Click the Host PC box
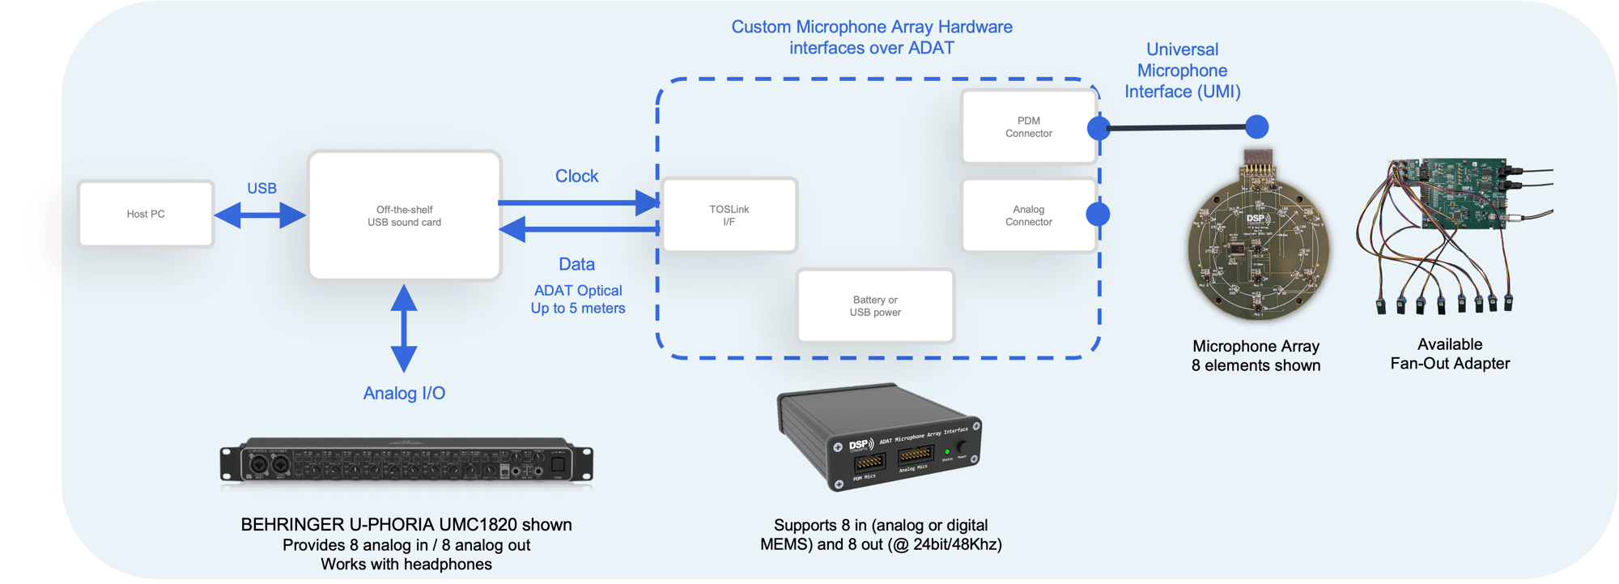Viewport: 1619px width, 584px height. [146, 214]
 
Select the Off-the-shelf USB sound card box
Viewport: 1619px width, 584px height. [405, 215]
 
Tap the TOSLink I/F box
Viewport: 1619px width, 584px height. [729, 215]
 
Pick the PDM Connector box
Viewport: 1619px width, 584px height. [1029, 127]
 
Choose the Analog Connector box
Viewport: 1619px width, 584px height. [1029, 215]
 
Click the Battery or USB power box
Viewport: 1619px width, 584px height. [875, 306]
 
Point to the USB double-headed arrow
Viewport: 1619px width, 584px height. [261, 215]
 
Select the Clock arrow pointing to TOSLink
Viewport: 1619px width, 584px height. [579, 202]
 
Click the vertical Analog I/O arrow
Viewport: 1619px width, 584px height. [404, 328]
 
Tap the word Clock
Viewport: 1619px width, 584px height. [576, 176]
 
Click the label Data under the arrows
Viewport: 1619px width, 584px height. [576, 264]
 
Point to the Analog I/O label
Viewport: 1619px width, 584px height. [404, 393]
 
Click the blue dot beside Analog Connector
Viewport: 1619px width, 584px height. [1098, 215]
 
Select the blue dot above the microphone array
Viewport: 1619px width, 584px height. [1256, 127]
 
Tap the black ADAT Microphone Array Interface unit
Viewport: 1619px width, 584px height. [878, 437]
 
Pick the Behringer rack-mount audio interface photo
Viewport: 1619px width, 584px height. [406, 463]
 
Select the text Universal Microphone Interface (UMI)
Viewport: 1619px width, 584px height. [1182, 70]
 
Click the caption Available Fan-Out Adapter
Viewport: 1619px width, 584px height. [1450, 354]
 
